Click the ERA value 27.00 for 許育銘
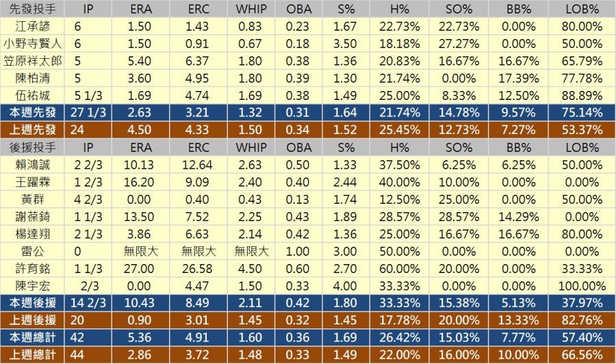(x=143, y=268)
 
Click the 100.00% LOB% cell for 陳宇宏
(x=582, y=285)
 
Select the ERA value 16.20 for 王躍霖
(x=143, y=182)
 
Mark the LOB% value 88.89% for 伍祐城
(x=582, y=95)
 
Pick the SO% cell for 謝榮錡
(x=459, y=216)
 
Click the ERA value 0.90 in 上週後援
(x=143, y=320)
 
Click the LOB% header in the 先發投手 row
(x=582, y=9)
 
